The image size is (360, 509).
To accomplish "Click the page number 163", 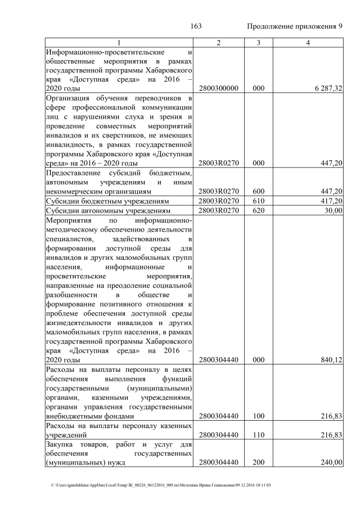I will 196,26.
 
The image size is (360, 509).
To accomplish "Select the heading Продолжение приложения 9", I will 295,26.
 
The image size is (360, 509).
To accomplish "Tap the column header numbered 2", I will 219,43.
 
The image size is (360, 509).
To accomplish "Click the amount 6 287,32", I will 327,89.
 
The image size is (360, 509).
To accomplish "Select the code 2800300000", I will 219,89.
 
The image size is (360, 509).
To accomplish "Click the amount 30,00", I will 333,210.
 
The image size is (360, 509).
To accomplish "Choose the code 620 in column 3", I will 258,210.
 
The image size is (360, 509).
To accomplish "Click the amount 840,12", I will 331,361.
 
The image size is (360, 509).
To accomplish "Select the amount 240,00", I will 331,462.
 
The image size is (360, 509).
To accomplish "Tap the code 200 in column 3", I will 258,462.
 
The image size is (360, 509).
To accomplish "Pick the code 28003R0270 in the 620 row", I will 219,210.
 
